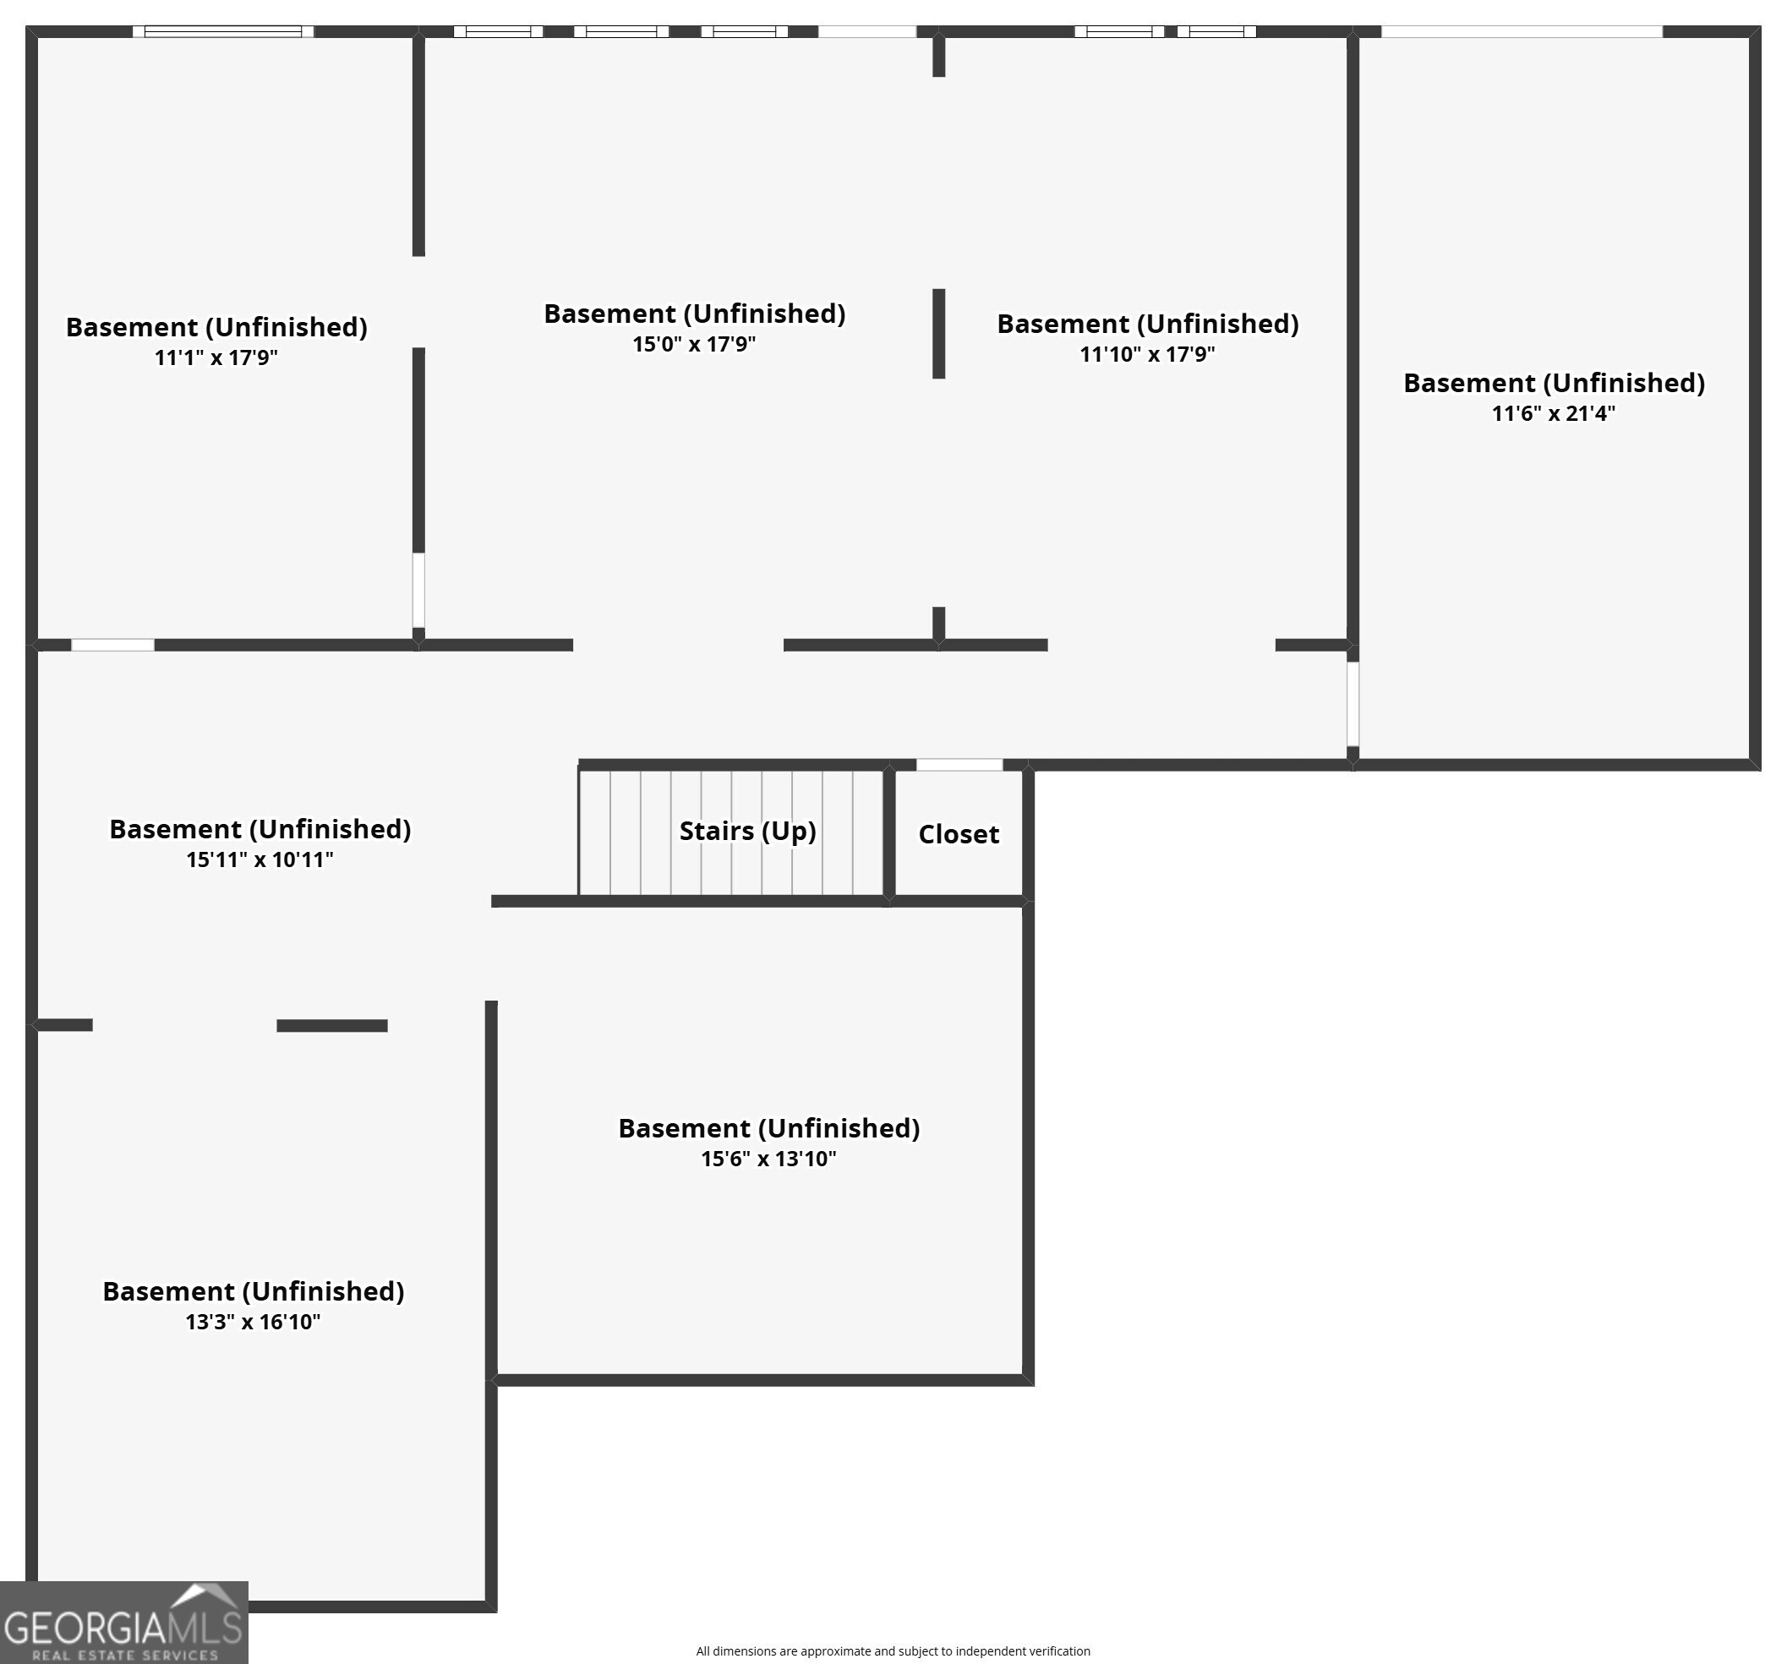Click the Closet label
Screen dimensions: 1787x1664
pos(959,834)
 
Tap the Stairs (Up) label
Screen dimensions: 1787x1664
pos(748,831)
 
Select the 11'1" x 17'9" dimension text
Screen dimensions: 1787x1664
pos(216,357)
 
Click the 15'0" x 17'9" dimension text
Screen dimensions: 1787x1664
pos(694,344)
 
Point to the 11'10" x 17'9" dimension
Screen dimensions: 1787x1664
pos(1147,354)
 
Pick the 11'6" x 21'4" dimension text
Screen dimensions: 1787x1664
pos(1554,413)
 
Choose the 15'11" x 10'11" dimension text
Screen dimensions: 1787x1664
pos(260,859)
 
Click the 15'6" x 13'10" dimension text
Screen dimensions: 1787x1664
pos(768,1159)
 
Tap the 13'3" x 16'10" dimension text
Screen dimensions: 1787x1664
pos(253,1322)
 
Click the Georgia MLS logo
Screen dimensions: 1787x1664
pos(124,1623)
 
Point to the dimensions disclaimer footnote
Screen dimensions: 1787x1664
pos(893,1651)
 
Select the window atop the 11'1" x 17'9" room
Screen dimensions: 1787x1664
pos(223,31)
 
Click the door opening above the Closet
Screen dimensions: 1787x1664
pos(959,765)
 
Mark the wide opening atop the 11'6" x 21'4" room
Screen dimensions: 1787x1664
pos(1522,31)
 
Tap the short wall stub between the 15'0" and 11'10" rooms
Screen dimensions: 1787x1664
pos(938,333)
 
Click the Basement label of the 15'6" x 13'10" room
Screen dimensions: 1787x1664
pos(768,1128)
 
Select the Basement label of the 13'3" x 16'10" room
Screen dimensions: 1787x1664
pos(253,1291)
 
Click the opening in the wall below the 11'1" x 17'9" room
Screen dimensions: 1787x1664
pos(112,644)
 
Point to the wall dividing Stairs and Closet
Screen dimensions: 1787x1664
pos(889,833)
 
